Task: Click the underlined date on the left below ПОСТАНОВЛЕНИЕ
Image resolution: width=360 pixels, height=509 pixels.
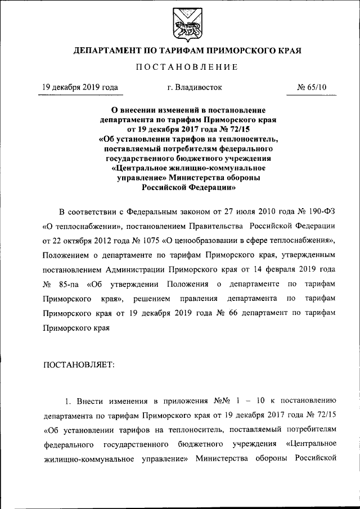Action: click(x=80, y=88)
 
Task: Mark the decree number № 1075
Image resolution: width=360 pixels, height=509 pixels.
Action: click(x=146, y=241)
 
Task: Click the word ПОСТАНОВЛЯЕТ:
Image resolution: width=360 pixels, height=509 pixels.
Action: click(x=79, y=364)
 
